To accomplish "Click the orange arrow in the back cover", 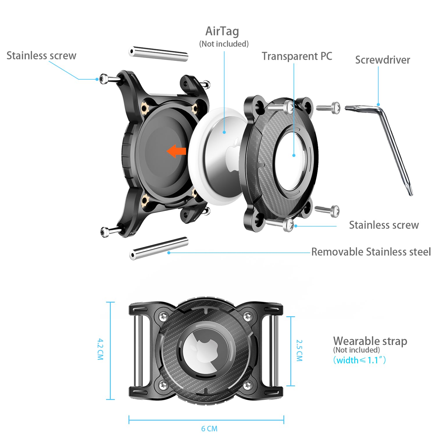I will click(x=177, y=151).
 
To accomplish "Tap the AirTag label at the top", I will click(x=222, y=31).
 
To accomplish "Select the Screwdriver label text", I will click(x=383, y=60).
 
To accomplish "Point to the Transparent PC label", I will click(x=297, y=56).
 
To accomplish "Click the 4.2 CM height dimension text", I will click(x=100, y=349).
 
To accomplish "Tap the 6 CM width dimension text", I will click(x=209, y=429).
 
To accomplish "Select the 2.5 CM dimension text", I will click(x=299, y=351).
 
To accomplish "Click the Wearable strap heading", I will click(x=370, y=341).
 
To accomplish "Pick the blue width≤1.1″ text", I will click(x=360, y=360).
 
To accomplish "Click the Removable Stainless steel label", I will click(x=371, y=252).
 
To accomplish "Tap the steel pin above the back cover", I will click(x=158, y=54).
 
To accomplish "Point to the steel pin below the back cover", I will click(x=159, y=248).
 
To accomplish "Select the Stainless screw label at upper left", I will click(x=41, y=56).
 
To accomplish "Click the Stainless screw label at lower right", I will click(x=384, y=225).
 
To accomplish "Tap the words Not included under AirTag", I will click(x=224, y=44).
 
